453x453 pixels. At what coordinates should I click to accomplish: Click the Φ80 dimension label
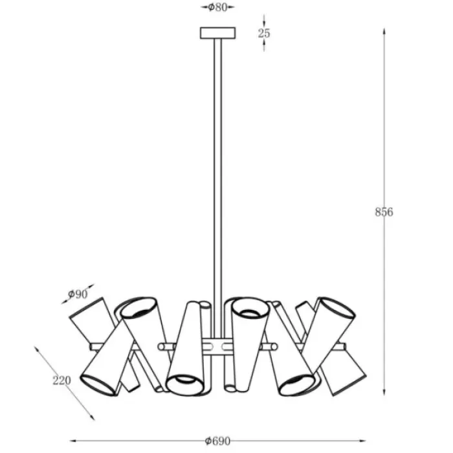218,7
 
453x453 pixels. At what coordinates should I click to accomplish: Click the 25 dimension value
264,33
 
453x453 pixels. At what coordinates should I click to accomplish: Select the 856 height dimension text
384,212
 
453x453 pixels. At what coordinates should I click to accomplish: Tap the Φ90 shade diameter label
78,294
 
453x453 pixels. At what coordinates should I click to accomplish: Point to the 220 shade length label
61,381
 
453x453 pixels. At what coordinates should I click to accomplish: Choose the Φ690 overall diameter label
217,441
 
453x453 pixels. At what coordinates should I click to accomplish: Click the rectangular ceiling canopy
218,33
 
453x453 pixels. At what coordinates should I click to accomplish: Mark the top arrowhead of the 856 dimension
384,31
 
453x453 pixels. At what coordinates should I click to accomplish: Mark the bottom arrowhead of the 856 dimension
384,392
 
